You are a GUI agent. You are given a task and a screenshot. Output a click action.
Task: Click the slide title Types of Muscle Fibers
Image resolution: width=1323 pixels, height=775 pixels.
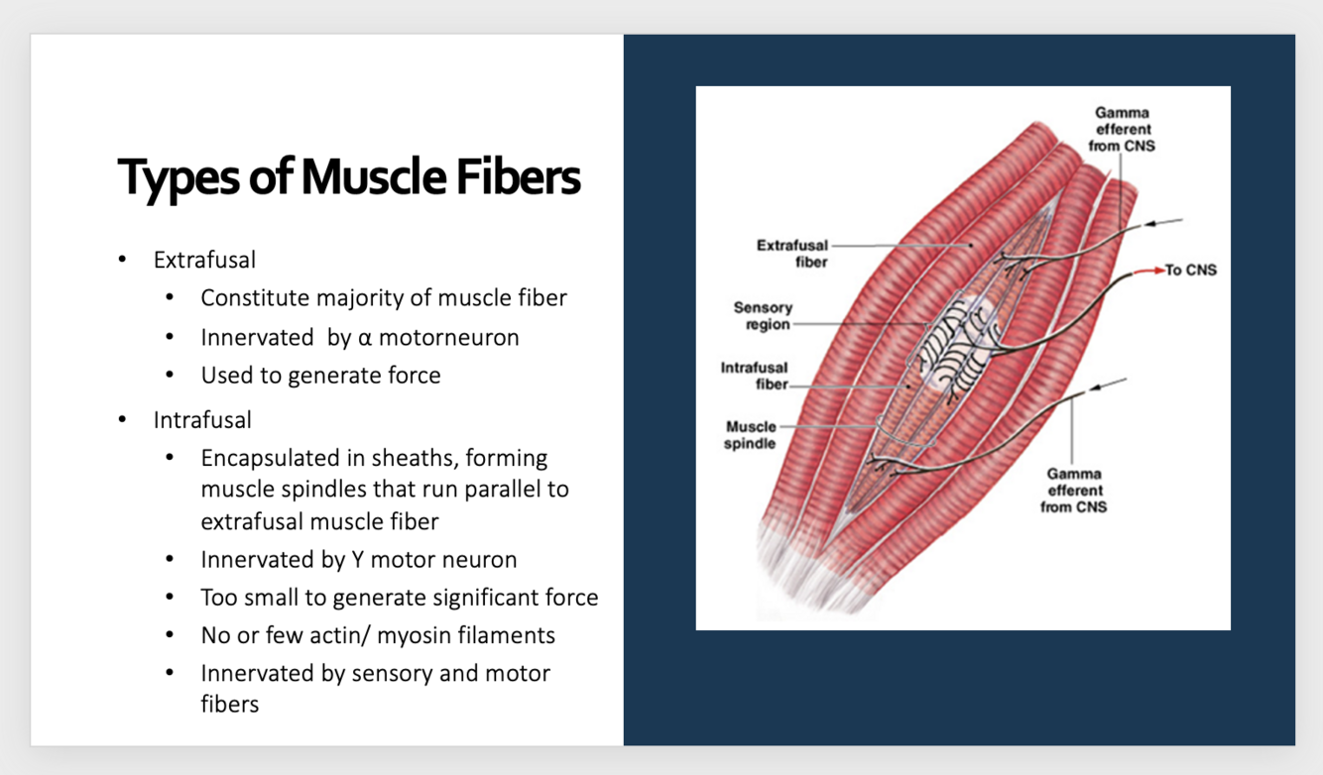[349, 177]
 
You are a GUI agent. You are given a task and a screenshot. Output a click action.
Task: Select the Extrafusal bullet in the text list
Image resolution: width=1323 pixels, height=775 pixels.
[204, 260]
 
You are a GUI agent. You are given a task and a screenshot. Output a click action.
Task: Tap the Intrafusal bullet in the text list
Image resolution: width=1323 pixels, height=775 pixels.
[202, 419]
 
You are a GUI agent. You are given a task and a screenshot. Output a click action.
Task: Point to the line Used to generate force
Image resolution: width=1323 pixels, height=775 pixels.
[320, 376]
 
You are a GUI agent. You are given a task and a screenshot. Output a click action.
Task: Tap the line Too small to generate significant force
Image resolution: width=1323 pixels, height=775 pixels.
[399, 598]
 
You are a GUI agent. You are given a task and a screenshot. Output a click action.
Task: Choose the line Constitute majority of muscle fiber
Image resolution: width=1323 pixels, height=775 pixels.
[384, 297]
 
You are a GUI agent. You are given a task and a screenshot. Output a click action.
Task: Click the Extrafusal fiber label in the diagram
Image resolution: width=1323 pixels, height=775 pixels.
[791, 253]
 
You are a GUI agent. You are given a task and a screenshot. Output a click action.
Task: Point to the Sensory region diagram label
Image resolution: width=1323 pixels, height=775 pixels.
[763, 316]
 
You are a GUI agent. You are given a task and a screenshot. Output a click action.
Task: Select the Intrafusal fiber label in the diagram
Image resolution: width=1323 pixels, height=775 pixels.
[754, 376]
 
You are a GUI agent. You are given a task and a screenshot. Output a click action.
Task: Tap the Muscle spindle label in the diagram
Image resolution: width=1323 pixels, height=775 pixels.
[751, 435]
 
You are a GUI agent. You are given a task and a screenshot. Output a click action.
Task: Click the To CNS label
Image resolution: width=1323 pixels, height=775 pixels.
[1190, 271]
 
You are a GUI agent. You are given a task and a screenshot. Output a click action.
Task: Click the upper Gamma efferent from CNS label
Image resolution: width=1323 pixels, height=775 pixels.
[1123, 130]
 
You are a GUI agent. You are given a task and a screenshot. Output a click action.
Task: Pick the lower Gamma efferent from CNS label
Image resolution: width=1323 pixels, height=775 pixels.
[1073, 491]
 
